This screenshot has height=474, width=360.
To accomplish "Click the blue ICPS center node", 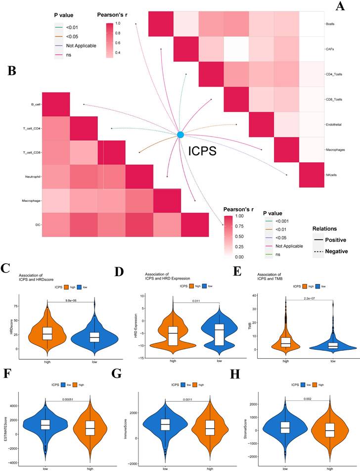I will [180, 135].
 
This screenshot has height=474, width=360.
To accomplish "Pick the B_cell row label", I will [35, 104].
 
